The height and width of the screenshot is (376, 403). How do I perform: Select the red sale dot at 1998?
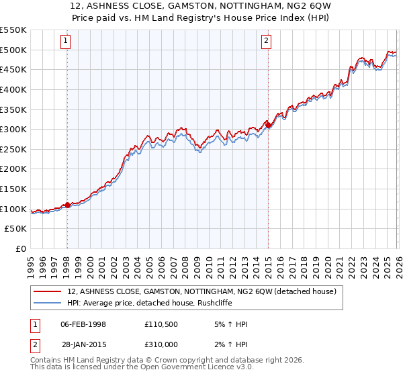[x=67, y=205]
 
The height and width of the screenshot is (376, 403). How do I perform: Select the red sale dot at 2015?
[x=268, y=125]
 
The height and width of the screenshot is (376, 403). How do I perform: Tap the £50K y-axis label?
[x=16, y=229]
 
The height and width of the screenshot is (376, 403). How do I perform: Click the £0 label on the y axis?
[x=21, y=249]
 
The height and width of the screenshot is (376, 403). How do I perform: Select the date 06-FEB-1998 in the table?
[x=83, y=324]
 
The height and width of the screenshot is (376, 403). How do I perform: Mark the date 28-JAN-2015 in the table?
[x=83, y=344]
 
